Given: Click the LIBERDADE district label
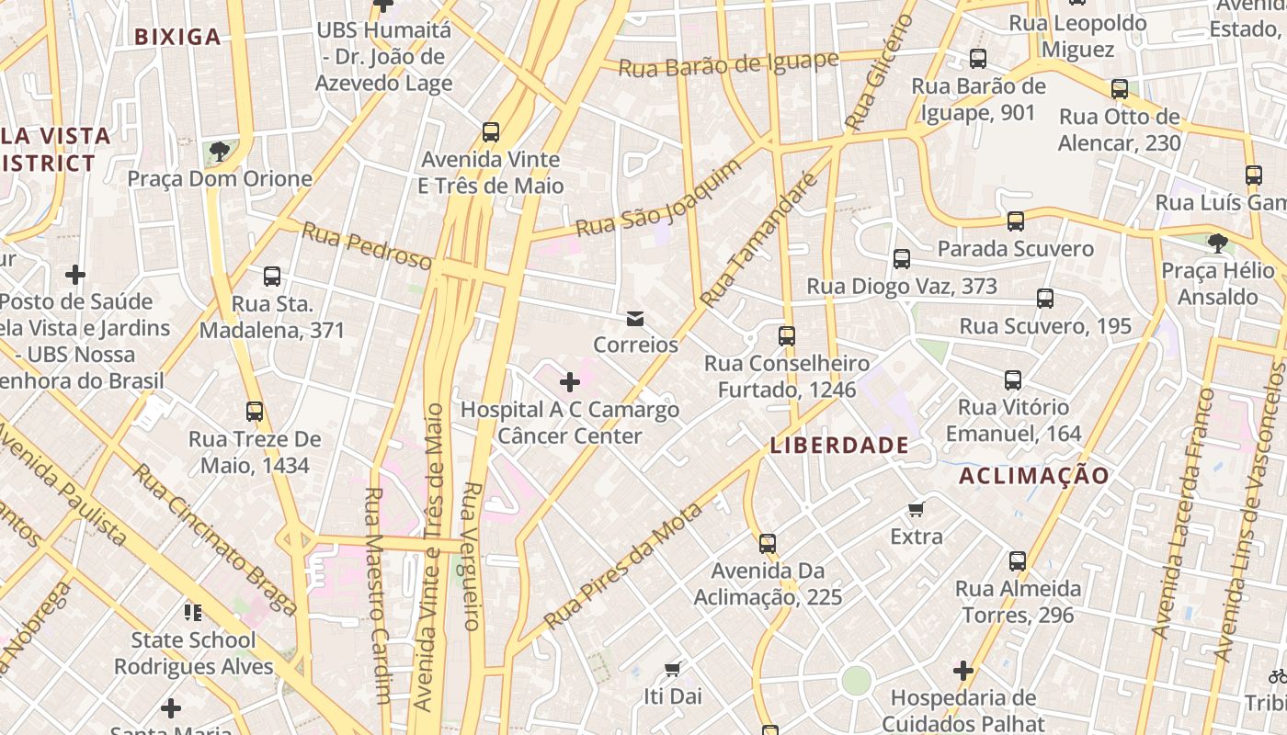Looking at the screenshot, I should click(839, 447).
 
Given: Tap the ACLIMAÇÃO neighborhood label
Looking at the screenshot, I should click(1034, 476).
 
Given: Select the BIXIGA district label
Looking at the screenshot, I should click(177, 38).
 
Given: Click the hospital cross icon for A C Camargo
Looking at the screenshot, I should click(570, 381).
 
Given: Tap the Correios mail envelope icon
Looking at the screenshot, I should click(634, 319).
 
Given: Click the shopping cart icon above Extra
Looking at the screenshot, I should click(916, 509).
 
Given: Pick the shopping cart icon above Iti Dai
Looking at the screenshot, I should click(673, 668).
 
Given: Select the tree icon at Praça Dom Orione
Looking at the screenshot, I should click(219, 151).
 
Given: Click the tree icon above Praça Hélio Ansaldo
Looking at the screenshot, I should click(1218, 243).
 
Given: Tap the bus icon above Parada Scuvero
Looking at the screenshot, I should click(1016, 221).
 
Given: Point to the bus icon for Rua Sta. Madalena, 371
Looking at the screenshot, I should click(272, 276).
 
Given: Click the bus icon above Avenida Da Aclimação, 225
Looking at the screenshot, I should click(768, 544).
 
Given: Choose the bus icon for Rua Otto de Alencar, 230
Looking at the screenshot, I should click(1120, 89).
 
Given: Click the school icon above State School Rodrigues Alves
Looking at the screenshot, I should click(192, 612).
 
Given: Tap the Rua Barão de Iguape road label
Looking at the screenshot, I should click(729, 64).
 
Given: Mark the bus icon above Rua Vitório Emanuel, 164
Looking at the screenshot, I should click(1013, 379).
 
